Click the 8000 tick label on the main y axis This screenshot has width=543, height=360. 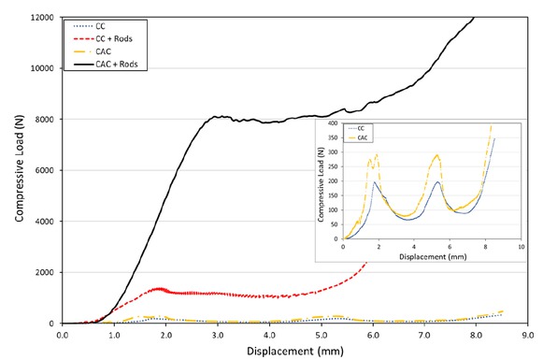[x=42, y=120]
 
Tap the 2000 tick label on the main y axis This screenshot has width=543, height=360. [x=42, y=272]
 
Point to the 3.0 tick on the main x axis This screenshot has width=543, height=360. [x=217, y=333]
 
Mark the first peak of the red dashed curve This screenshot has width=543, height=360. [x=160, y=289]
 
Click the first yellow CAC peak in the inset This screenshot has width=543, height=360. [x=376, y=154]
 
